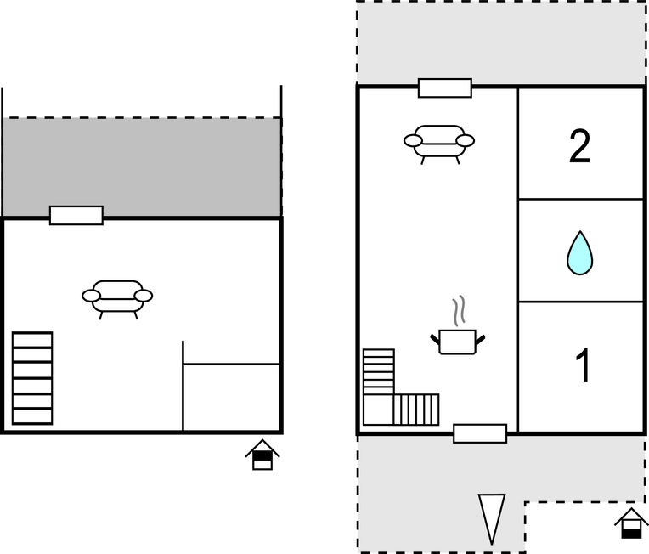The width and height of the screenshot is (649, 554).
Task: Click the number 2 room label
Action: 579,146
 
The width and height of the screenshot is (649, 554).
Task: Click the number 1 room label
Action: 584,365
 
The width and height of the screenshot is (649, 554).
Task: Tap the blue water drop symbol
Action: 579,252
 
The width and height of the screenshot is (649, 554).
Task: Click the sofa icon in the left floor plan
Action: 117,299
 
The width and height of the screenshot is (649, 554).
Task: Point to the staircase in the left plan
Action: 32,378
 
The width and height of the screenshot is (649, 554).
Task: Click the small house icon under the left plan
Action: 262,455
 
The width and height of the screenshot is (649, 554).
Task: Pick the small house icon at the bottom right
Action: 631,523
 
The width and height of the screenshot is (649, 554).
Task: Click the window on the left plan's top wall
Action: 76,215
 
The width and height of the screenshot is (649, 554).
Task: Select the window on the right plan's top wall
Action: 445,88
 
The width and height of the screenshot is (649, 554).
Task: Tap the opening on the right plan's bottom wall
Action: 480,433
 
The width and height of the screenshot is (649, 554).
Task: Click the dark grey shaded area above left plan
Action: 142,167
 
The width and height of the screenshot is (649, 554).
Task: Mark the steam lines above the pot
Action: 459,310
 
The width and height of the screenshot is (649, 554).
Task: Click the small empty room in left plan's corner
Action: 231,398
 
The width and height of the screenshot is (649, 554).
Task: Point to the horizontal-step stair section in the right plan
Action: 379,371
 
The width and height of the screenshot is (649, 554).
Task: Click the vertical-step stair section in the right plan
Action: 416,410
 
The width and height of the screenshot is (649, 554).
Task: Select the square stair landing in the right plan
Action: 378,410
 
